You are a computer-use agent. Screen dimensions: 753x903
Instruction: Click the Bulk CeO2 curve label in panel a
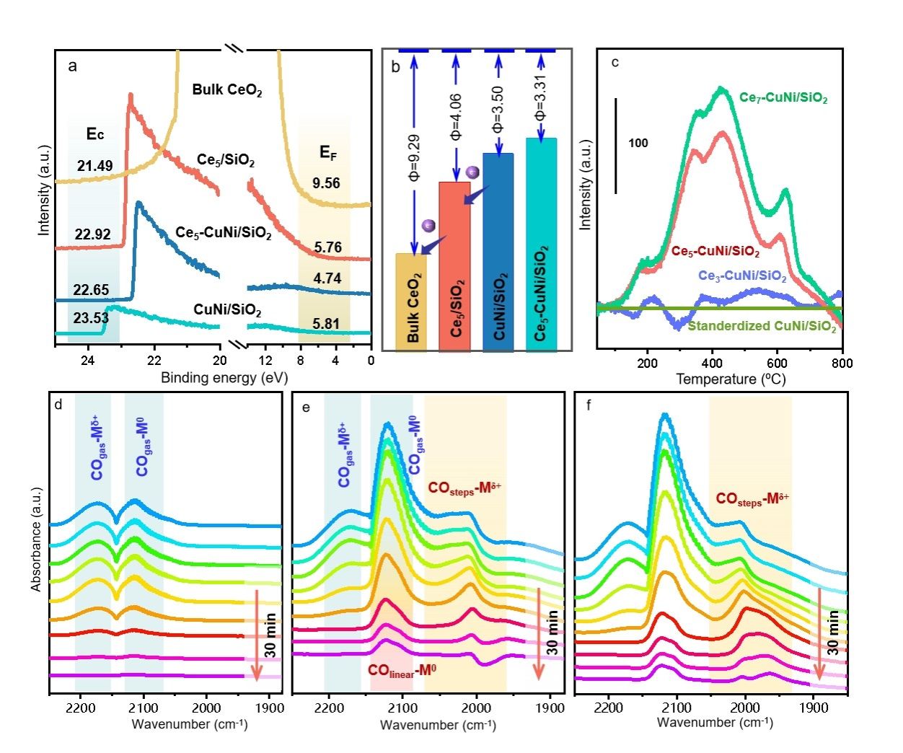click(x=226, y=90)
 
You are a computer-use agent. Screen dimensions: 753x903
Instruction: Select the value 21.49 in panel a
click(x=95, y=166)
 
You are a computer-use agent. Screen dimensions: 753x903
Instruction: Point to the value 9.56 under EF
click(x=326, y=183)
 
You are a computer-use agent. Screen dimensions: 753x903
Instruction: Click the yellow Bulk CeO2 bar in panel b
click(x=411, y=303)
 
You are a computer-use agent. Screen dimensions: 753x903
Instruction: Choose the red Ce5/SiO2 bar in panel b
click(x=454, y=267)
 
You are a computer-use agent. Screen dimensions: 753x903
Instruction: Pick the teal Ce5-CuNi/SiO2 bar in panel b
click(x=542, y=245)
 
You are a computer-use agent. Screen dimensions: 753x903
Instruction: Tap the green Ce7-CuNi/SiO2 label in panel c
click(x=783, y=98)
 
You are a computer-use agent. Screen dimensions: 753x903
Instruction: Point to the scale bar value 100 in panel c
click(x=638, y=143)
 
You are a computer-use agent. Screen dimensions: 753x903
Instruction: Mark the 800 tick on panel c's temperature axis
click(x=842, y=363)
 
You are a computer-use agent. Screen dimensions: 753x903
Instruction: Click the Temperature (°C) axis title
click(x=731, y=379)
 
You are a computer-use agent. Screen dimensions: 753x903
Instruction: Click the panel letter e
click(x=307, y=408)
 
